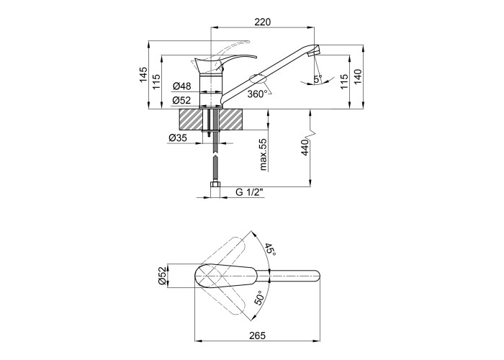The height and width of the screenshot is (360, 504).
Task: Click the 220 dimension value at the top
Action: (263, 22)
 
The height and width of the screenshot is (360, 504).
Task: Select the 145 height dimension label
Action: (143, 74)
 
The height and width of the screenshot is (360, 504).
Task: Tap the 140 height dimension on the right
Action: (358, 77)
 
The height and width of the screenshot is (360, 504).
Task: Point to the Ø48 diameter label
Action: (182, 86)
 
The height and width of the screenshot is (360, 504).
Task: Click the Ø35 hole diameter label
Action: (178, 138)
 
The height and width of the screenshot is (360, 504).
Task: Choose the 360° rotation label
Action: (258, 94)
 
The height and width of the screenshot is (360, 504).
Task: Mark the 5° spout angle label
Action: (318, 78)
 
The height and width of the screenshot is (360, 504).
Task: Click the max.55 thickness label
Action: (264, 155)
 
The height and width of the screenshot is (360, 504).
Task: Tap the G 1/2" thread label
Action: (249, 192)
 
